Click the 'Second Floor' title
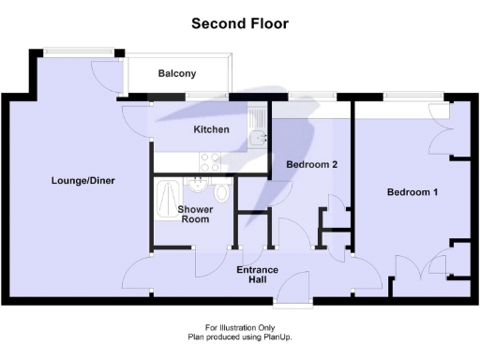[x=240, y=22]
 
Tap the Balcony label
[x=177, y=73]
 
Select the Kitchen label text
[x=211, y=129]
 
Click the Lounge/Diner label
[x=83, y=181]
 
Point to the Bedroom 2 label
[x=311, y=164]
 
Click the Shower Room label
[x=195, y=214]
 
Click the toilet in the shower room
[x=221, y=191]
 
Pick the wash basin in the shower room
[x=199, y=183]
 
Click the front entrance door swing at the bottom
[x=298, y=286]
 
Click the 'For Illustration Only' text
[x=240, y=327]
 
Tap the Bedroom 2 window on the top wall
[x=311, y=94]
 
